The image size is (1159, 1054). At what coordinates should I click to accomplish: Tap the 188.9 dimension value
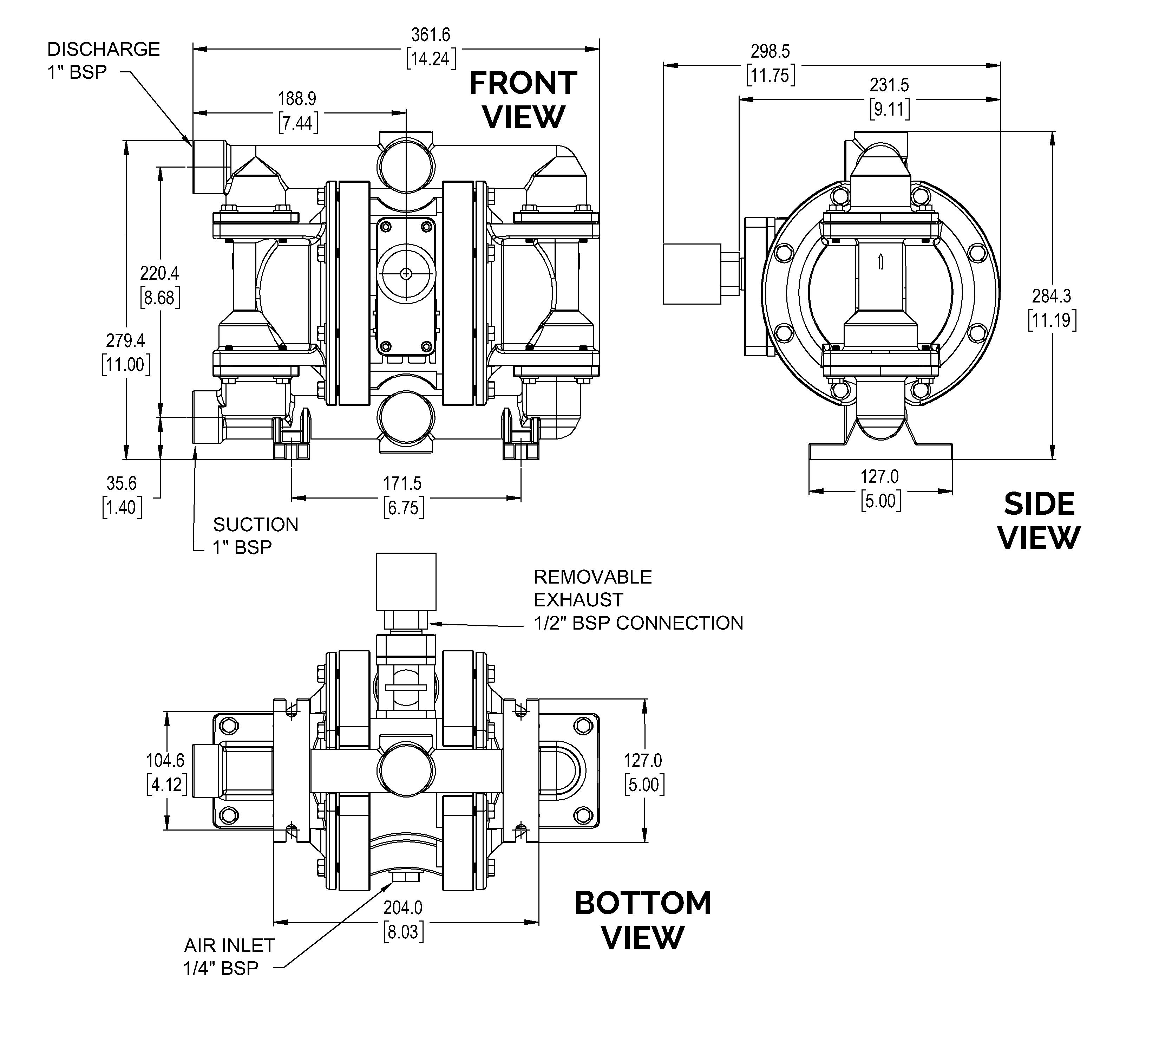(297, 111)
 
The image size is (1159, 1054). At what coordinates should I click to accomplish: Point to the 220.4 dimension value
(160, 286)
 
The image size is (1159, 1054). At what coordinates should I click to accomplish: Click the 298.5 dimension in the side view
(770, 64)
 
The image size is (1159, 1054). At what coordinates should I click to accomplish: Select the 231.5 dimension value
(889, 97)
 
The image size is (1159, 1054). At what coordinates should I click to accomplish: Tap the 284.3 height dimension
(1052, 308)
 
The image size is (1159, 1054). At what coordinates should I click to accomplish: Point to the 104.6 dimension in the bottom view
(166, 773)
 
